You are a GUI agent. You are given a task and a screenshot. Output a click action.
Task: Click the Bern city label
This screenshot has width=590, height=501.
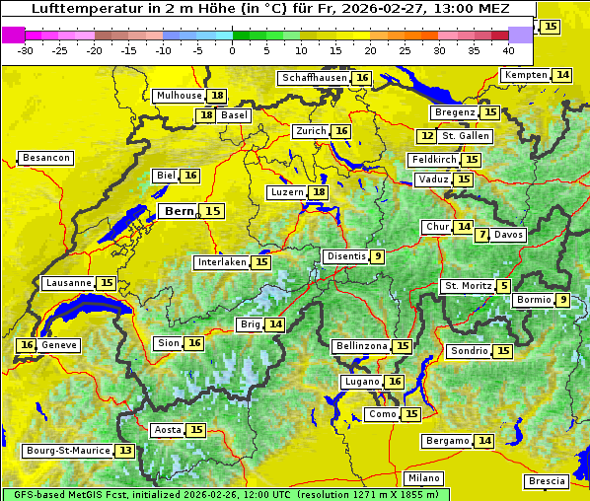pos(180,211)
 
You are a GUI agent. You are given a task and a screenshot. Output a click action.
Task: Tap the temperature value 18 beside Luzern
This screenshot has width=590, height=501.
pos(318,192)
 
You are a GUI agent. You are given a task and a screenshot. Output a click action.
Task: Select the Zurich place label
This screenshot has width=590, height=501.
pos(310,131)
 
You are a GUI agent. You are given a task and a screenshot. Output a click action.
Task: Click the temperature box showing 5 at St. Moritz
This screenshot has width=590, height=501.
pos(504,286)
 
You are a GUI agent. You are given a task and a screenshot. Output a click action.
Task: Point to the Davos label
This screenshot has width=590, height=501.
pos(508,235)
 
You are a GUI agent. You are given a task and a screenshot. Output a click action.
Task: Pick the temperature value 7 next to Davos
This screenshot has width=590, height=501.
pos(481,235)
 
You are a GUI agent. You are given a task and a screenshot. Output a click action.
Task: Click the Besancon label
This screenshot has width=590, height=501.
pos(46,158)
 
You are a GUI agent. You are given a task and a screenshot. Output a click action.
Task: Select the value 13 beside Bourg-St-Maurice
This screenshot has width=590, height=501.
pos(124,451)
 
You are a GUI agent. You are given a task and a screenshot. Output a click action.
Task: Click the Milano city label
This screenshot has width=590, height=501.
pos(424,477)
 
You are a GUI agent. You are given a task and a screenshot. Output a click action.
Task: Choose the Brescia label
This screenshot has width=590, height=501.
pos(547,481)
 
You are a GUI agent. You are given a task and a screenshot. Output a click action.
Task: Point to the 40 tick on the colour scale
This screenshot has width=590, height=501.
pos(508,49)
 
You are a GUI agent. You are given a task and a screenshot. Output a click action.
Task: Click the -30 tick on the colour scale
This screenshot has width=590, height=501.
pos(26,49)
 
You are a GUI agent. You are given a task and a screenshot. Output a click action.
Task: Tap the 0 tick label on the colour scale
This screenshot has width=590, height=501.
pos(232,49)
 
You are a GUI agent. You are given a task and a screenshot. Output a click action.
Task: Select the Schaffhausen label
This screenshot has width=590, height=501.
pos(313,78)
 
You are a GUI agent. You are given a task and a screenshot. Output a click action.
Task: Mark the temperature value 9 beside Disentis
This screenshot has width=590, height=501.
pos(377,256)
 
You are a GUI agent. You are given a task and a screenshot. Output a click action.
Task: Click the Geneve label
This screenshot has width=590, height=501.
pos(59,345)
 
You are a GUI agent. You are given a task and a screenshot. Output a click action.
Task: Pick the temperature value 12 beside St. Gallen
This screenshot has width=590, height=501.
pos(426,136)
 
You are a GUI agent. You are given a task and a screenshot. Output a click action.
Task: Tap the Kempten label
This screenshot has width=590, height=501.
pos(525,75)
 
